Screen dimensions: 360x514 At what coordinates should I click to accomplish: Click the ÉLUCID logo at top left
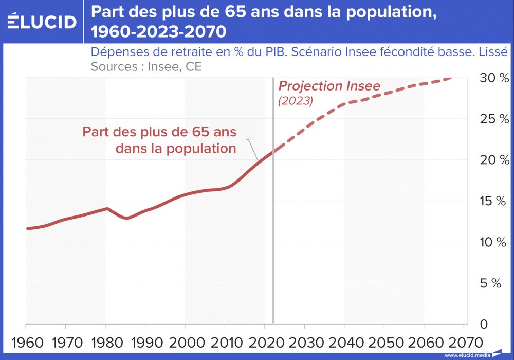[42, 21]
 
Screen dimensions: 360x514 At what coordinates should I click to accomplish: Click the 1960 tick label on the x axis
[26, 341]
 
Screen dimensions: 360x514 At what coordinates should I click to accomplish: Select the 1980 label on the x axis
[105, 341]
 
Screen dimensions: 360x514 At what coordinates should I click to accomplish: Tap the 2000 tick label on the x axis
[185, 341]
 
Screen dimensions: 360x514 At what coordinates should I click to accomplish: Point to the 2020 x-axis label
[265, 341]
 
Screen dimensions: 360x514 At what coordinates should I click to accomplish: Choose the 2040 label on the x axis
[344, 341]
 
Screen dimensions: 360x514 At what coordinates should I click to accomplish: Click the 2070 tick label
[464, 341]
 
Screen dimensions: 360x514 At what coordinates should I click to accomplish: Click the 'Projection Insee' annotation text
[329, 86]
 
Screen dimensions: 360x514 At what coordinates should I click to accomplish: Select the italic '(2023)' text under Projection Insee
[296, 101]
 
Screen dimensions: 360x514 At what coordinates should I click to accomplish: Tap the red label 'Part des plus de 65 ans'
[159, 132]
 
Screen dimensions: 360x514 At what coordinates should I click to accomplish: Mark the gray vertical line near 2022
[272, 231]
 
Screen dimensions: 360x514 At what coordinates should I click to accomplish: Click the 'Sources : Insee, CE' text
[146, 66]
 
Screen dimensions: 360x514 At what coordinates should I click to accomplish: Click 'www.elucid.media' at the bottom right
[467, 355]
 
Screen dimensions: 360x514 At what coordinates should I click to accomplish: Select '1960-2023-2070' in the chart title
[158, 32]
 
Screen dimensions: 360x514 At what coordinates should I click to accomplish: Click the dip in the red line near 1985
[126, 218]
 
